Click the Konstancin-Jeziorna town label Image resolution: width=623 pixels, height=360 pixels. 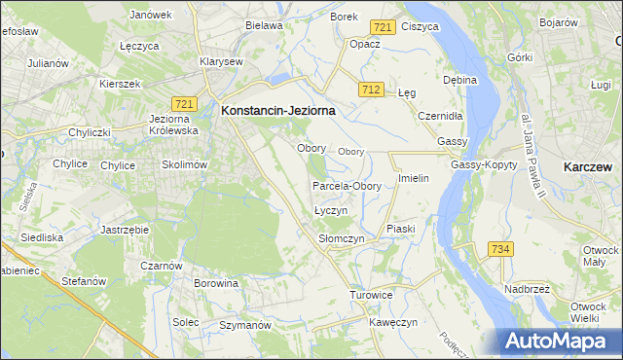click(278, 111)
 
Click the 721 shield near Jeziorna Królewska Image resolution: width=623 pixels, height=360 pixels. click(185, 103)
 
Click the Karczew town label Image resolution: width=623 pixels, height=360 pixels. click(587, 166)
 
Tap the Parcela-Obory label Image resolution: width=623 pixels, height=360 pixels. click(347, 186)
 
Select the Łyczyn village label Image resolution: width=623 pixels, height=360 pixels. click(331, 211)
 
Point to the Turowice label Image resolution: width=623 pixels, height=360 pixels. click(371, 294)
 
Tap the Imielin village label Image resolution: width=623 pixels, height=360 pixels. click(414, 180)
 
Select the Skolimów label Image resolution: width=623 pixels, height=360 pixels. click(185, 165)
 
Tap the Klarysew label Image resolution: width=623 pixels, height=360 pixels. click(220, 60)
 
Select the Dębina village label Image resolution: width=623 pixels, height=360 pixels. click(459, 79)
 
